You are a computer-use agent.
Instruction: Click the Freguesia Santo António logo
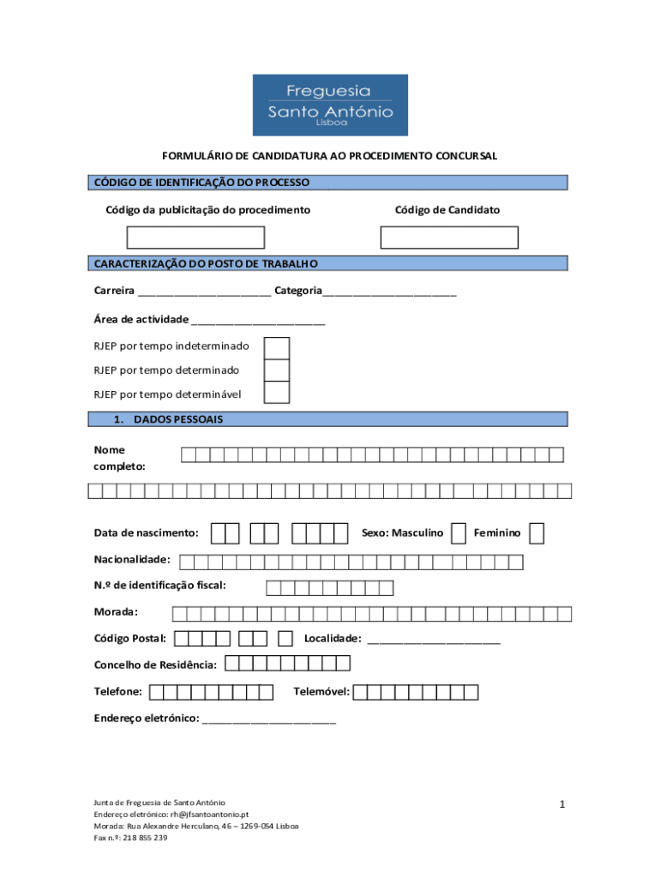(330, 105)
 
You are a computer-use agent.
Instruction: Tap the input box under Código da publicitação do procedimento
(195, 238)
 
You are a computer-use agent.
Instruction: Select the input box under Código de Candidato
(449, 238)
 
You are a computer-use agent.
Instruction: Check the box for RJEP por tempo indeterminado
(277, 348)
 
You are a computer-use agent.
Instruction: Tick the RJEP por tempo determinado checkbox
(277, 370)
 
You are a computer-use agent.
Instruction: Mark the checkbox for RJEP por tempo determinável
(277, 393)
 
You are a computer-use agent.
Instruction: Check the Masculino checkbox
(459, 533)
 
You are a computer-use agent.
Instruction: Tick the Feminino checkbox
(537, 533)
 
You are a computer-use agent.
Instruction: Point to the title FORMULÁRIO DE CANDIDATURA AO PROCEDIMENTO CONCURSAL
(330, 156)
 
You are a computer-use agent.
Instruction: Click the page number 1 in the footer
(562, 803)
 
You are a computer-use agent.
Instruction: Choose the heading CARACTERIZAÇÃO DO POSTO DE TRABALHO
(206, 263)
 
